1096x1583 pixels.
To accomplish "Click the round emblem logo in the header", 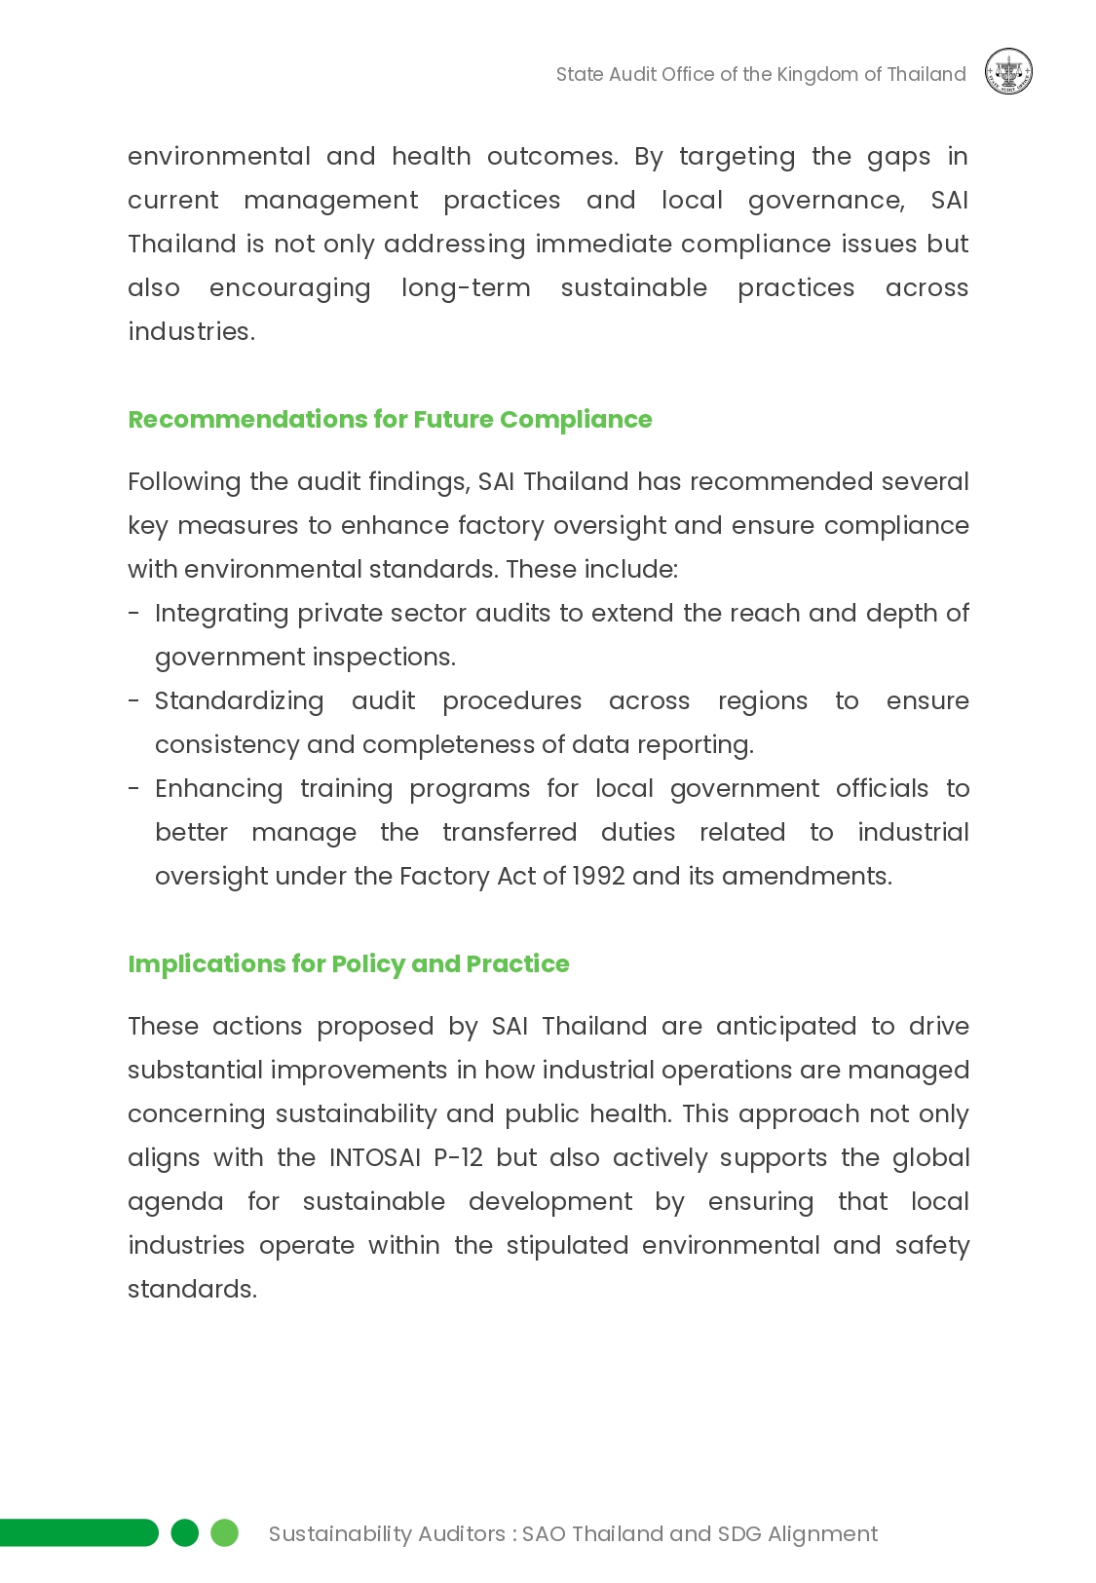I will [1008, 72].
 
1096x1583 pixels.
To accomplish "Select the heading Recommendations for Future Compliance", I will [390, 419].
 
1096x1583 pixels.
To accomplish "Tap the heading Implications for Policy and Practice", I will [348, 963].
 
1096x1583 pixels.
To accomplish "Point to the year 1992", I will [598, 876].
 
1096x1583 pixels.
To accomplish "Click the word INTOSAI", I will [375, 1157].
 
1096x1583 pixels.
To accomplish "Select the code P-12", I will [458, 1157].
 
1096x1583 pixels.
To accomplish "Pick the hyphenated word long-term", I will [466, 287].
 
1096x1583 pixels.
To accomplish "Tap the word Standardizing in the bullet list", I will [239, 700].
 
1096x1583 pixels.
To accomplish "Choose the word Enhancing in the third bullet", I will [218, 788].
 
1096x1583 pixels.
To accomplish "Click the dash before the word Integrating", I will [133, 614].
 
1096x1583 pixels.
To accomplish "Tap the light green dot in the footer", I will [225, 1532].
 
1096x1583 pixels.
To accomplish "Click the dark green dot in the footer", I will [184, 1532].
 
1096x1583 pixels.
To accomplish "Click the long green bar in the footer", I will [78, 1532].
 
